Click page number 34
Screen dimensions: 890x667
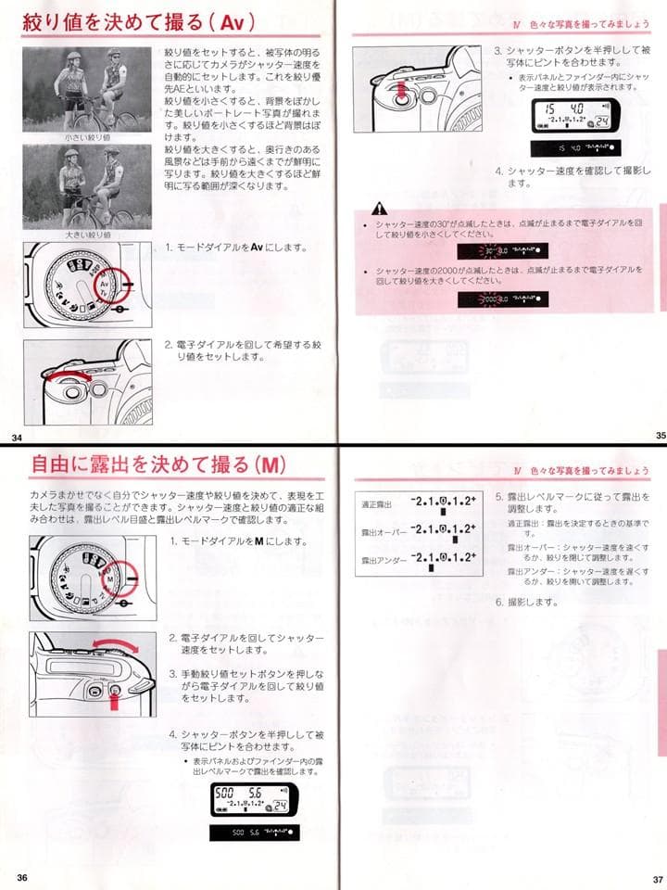16,437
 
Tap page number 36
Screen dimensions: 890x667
20,878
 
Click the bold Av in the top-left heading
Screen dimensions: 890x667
231,21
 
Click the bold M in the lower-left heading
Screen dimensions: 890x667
267,464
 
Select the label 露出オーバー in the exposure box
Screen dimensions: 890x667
382,532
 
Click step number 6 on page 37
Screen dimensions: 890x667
499,602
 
